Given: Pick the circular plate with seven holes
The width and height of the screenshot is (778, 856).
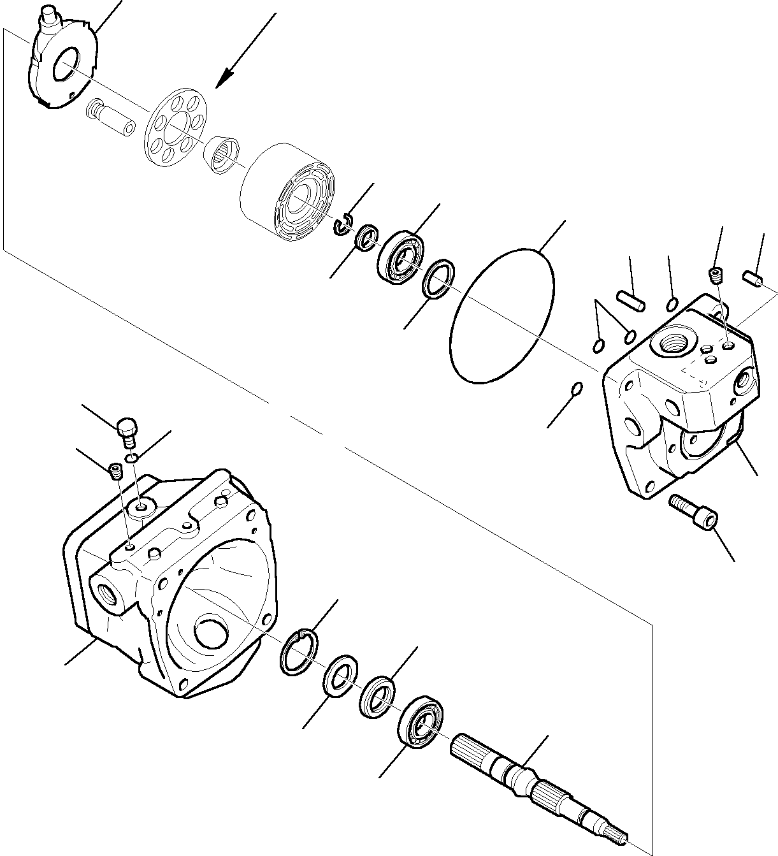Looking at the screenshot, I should click(174, 125).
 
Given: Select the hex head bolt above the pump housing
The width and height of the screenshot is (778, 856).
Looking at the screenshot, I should click(127, 429).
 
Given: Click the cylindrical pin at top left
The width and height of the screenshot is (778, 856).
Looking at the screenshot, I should click(110, 117).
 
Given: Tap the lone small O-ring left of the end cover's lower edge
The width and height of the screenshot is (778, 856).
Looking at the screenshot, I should click(576, 388).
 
